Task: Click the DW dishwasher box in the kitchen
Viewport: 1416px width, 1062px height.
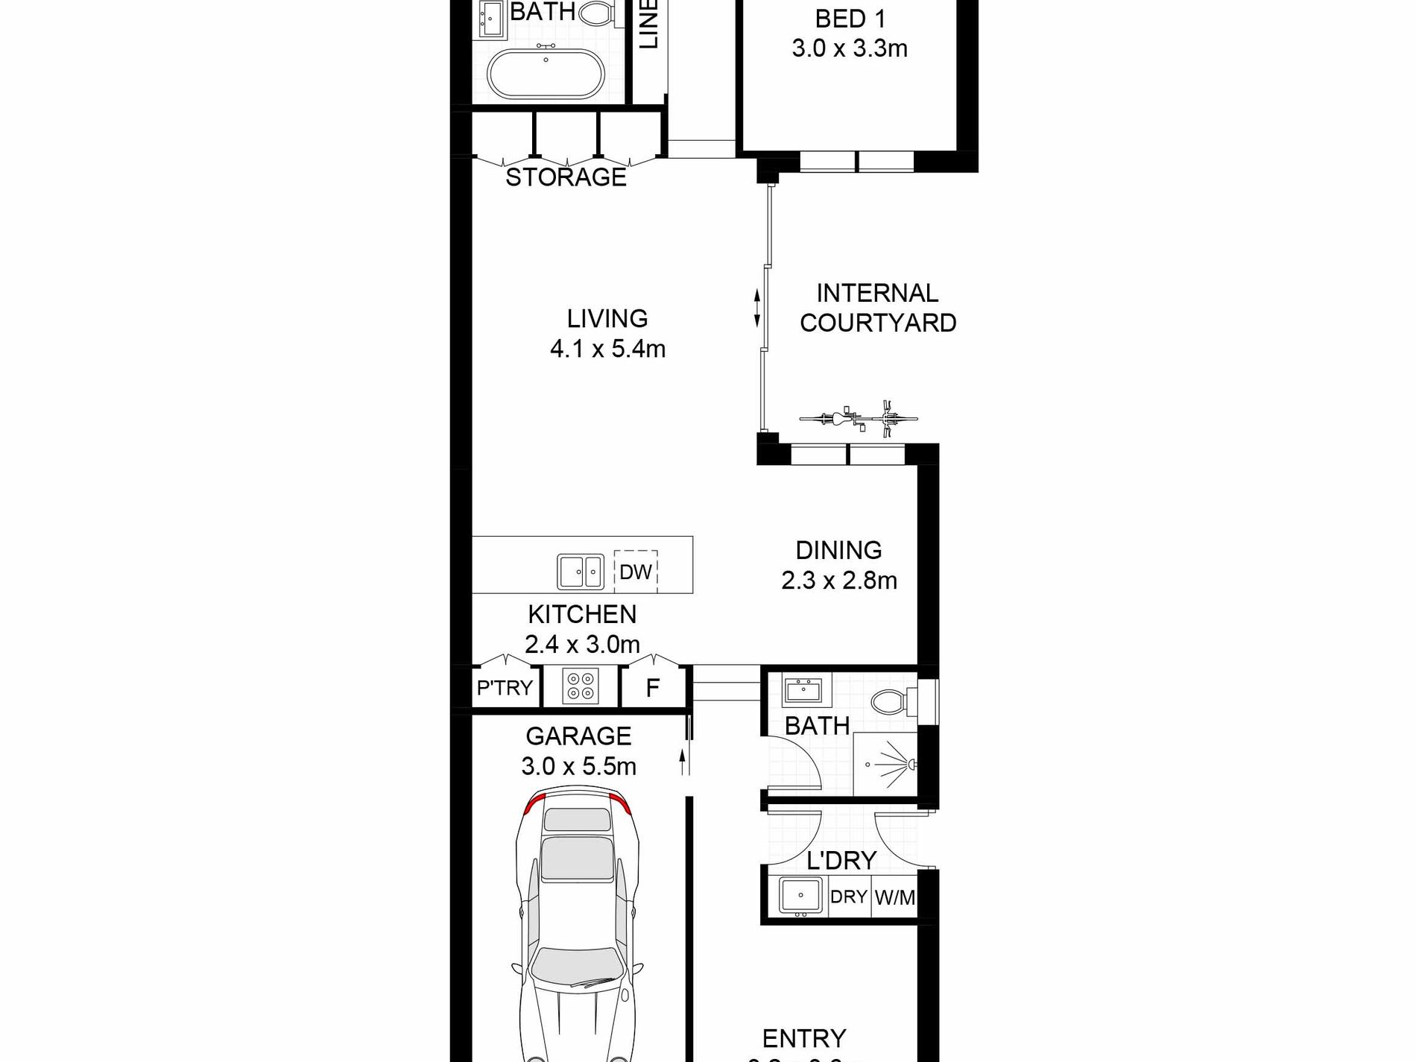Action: [x=635, y=571]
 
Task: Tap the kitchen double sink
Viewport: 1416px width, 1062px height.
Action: [x=580, y=572]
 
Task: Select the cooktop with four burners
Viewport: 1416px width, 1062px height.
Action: [x=581, y=686]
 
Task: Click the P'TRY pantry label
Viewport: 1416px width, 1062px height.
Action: [x=505, y=687]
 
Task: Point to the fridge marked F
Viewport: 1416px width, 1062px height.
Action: [x=652, y=688]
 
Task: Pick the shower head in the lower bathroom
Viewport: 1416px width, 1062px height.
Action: [x=910, y=764]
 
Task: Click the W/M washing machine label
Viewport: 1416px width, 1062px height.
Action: [x=894, y=897]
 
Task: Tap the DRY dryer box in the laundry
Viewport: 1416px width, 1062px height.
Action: [x=848, y=897]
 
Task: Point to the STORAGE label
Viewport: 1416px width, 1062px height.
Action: [x=566, y=177]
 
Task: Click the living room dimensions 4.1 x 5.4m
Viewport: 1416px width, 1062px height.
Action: [x=607, y=349]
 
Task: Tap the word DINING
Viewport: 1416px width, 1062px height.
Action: [x=838, y=550]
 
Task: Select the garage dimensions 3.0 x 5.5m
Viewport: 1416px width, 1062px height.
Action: [x=578, y=766]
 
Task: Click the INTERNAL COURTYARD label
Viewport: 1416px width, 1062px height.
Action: [x=877, y=308]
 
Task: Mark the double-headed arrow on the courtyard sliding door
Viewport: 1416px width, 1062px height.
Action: [x=757, y=309]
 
